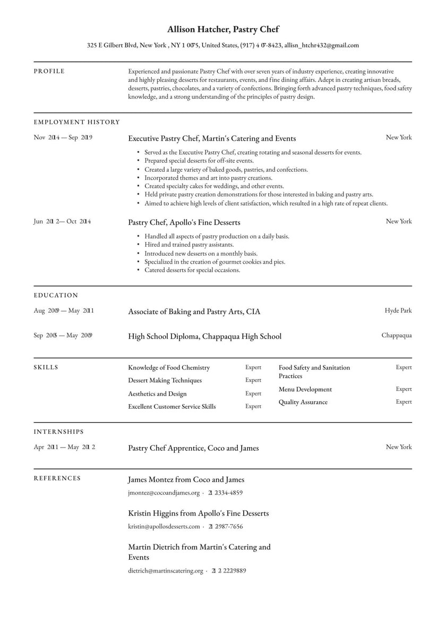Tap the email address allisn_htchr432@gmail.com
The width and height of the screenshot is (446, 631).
click(x=321, y=45)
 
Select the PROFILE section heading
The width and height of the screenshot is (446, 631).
click(x=49, y=71)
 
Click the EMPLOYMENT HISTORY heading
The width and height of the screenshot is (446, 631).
click(x=76, y=122)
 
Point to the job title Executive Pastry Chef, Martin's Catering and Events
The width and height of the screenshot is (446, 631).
click(x=212, y=138)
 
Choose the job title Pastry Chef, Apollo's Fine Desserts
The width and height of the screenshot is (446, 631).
click(x=184, y=222)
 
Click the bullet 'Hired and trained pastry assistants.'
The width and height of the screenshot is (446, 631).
click(x=189, y=245)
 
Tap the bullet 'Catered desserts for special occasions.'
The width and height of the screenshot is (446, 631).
click(x=192, y=270)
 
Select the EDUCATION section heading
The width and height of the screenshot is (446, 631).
click(x=56, y=296)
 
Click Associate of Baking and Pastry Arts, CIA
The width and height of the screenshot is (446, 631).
click(x=194, y=312)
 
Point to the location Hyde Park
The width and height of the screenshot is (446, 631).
click(x=398, y=310)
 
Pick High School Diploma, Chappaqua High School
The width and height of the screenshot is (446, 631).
click(x=204, y=336)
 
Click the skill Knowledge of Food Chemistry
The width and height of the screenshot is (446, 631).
click(x=169, y=367)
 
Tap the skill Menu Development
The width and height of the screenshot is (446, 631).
click(x=305, y=389)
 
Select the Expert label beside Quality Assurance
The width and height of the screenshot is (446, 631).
click(x=404, y=402)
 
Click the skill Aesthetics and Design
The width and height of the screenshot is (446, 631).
click(x=157, y=393)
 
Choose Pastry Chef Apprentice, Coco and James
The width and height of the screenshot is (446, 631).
click(x=193, y=448)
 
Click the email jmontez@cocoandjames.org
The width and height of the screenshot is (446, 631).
click(x=164, y=493)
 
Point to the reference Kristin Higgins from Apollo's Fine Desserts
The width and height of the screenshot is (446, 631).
click(x=198, y=514)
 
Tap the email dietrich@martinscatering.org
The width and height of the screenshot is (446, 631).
click(x=166, y=571)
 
